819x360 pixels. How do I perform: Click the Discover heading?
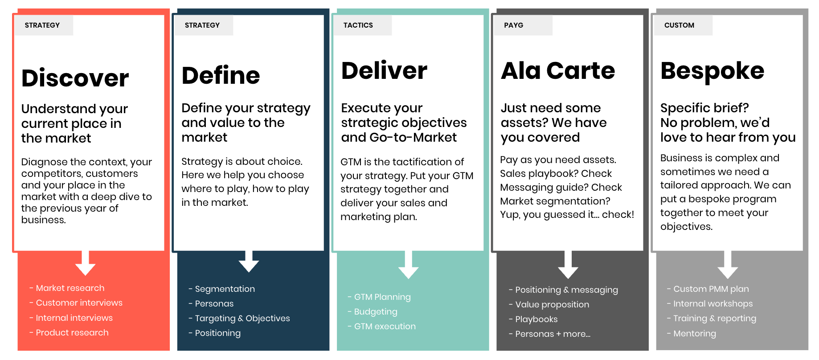tap(75, 78)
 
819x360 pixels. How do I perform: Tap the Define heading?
tap(221, 75)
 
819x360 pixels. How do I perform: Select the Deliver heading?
tap(384, 70)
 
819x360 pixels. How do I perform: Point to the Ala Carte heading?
tap(558, 70)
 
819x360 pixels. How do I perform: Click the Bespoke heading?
tap(713, 71)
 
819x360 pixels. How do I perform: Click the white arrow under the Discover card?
tap(85, 263)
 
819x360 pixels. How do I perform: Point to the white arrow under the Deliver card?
tap(408, 265)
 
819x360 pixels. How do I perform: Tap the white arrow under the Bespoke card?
tap(728, 265)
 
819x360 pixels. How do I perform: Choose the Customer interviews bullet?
tap(76, 303)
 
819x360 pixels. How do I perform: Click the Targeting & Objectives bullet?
tap(239, 319)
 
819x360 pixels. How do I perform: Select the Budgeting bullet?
tap(373, 312)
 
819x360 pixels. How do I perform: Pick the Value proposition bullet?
tap(549, 305)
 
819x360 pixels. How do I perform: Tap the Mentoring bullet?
tap(692, 334)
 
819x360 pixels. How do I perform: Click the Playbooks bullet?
tap(533, 319)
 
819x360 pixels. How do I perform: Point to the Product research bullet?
tap(69, 333)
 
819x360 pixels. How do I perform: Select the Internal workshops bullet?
tap(710, 304)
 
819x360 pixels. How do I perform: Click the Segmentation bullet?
tap(222, 289)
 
